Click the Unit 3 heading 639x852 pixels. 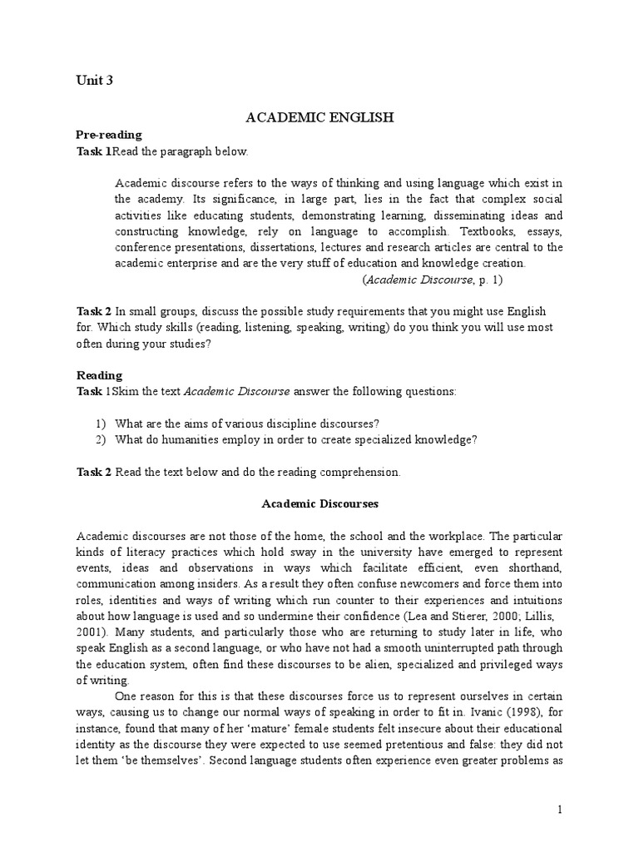[x=93, y=81]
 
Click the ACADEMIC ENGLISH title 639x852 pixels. [x=319, y=117]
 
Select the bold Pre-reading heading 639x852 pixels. [x=109, y=135]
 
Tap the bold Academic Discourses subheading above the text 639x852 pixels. [x=320, y=503]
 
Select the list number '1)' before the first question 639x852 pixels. [x=101, y=423]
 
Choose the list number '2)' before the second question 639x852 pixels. [x=101, y=439]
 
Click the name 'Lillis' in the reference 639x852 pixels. [x=546, y=617]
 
